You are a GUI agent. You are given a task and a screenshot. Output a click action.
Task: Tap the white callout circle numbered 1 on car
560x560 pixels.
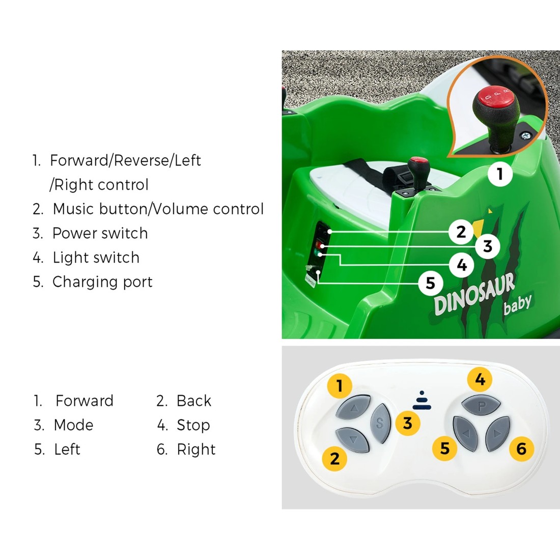click(500, 174)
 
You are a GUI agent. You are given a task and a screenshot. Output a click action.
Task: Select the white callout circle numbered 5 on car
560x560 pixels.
click(430, 283)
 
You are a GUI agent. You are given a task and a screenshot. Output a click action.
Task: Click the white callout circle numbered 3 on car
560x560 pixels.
click(488, 246)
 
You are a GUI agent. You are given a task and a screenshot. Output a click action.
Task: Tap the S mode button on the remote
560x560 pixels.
click(379, 422)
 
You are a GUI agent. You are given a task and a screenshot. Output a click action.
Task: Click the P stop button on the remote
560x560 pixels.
click(481, 407)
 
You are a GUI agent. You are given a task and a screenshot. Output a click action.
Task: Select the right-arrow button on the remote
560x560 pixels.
click(497, 434)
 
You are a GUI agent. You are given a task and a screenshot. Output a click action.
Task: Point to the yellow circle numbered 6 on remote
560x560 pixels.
click(521, 449)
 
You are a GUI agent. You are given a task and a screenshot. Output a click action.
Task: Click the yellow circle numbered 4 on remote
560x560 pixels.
click(480, 379)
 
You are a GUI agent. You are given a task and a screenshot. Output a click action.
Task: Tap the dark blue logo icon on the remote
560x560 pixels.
click(422, 401)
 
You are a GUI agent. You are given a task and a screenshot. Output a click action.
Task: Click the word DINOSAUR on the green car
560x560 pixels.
click(473, 295)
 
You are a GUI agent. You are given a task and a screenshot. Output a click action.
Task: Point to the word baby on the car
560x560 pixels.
click(517, 304)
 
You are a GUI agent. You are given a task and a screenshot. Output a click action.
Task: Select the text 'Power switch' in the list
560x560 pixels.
click(100, 233)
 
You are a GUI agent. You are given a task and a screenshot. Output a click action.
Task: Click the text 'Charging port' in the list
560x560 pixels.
click(102, 282)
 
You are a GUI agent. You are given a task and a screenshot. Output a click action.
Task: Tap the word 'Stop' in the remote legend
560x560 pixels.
click(193, 425)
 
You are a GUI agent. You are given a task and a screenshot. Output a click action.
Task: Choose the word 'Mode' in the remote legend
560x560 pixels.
click(73, 425)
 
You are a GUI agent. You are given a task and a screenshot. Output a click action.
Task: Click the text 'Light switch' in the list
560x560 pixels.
click(96, 258)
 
